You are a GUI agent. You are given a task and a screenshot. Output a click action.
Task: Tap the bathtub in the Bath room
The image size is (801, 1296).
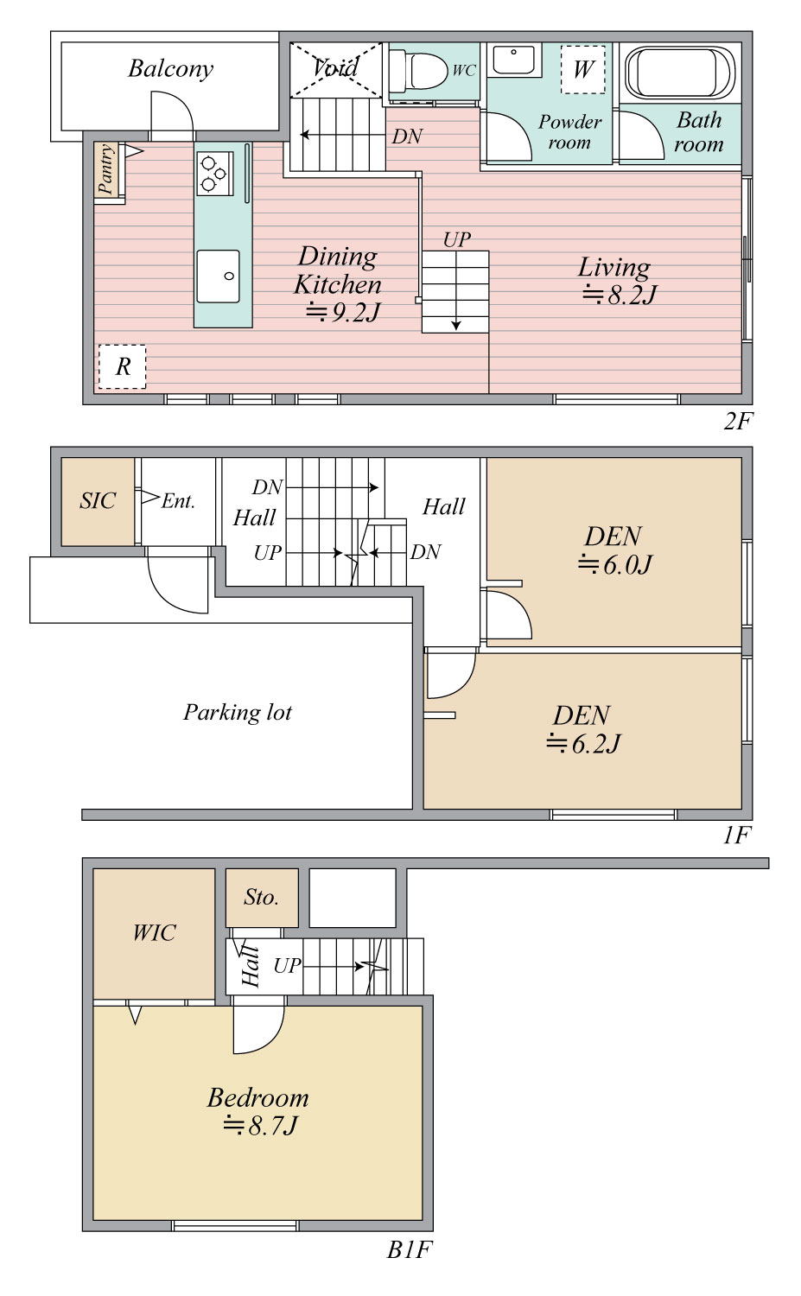click(680, 73)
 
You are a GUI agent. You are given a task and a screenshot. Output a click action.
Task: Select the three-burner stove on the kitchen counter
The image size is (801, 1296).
click(214, 173)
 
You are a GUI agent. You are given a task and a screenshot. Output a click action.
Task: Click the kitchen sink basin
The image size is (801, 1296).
click(219, 276)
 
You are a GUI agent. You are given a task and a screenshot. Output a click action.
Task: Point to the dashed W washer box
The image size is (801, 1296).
click(582, 70)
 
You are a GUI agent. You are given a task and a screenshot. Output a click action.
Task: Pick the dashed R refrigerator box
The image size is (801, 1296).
click(122, 366)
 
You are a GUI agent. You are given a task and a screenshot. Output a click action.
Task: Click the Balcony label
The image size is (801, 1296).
click(171, 69)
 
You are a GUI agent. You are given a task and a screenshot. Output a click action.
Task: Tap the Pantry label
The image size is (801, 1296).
click(106, 168)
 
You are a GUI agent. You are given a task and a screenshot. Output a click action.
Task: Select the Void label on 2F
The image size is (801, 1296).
click(335, 67)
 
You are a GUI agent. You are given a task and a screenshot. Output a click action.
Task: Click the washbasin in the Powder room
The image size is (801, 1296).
click(514, 60)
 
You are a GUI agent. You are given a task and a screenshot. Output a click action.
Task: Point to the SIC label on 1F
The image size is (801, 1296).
click(98, 500)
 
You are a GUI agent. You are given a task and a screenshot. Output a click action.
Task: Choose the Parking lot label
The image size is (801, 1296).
click(238, 712)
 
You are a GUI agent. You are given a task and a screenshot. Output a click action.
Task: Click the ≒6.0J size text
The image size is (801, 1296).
click(615, 564)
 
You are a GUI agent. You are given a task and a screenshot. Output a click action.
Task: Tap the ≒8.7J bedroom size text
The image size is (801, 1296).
click(260, 1125)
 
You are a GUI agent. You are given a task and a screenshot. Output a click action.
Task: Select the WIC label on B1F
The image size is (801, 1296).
click(154, 932)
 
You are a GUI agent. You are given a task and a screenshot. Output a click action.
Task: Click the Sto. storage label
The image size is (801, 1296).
click(262, 898)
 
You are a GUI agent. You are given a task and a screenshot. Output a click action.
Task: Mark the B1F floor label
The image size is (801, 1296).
click(410, 1266)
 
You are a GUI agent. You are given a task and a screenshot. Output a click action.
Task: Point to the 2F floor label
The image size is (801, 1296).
click(737, 422)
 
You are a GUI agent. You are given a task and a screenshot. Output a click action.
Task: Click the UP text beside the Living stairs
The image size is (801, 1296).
click(457, 239)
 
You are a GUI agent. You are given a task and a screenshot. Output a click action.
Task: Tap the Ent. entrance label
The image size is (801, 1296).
click(178, 501)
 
